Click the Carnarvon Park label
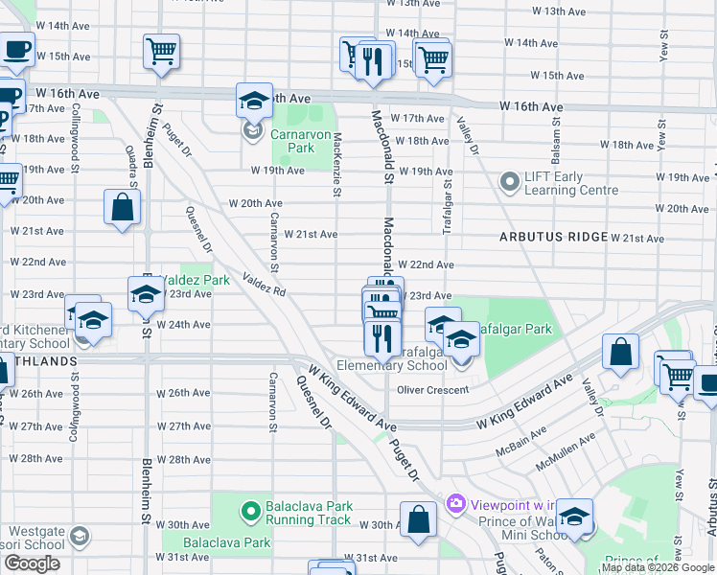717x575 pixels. pos(292,141)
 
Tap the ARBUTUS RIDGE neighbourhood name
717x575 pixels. pos(551,237)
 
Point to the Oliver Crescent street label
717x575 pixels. pos(433,390)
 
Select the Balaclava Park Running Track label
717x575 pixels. pos(310,513)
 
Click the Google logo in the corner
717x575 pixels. pos(33,563)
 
